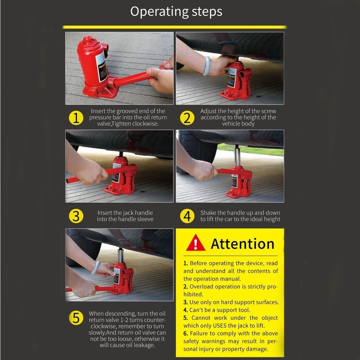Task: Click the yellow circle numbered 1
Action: pyautogui.click(x=76, y=118)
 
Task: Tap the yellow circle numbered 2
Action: pyautogui.click(x=187, y=118)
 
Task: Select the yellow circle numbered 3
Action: pyautogui.click(x=76, y=216)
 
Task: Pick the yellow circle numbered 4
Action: pyautogui.click(x=187, y=216)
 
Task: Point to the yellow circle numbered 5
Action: pyautogui.click(x=76, y=318)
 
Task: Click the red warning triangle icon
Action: pyautogui.click(x=195, y=243)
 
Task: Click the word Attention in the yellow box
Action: pyautogui.click(x=243, y=244)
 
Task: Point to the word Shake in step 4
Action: pyautogui.click(x=207, y=213)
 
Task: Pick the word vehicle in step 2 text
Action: pyautogui.click(x=231, y=123)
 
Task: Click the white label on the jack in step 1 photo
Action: pyautogui.click(x=101, y=67)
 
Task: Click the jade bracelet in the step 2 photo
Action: pyautogui.click(x=207, y=66)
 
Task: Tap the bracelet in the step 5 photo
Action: pyautogui.click(x=96, y=268)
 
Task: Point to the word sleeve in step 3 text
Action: pyautogui.click(x=145, y=219)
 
